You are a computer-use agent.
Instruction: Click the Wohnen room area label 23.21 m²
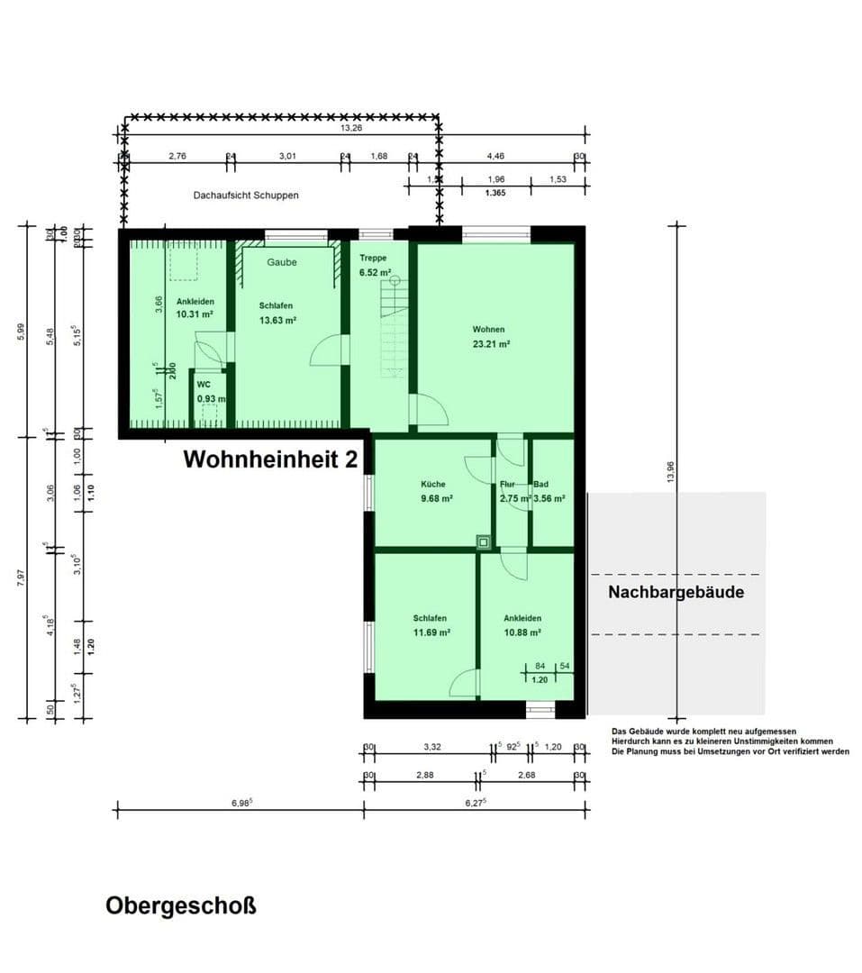point(492,343)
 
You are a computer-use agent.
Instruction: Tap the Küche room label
point(432,484)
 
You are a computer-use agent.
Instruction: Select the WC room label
point(204,384)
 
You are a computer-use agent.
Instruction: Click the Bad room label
point(540,484)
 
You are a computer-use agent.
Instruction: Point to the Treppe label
point(373,258)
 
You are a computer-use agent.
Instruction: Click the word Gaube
point(282,262)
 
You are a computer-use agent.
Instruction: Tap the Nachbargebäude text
point(676,592)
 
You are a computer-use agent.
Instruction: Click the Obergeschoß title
point(181,905)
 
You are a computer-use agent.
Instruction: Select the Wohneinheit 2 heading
point(270,459)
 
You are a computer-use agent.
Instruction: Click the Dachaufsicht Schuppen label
point(245,195)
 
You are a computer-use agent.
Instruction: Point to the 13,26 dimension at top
point(352,129)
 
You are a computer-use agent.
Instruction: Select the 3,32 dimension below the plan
point(432,747)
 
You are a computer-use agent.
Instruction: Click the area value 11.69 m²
point(431,632)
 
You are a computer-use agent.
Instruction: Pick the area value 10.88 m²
point(522,632)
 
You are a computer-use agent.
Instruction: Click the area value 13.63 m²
point(278,320)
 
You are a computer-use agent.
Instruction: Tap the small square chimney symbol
point(484,542)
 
